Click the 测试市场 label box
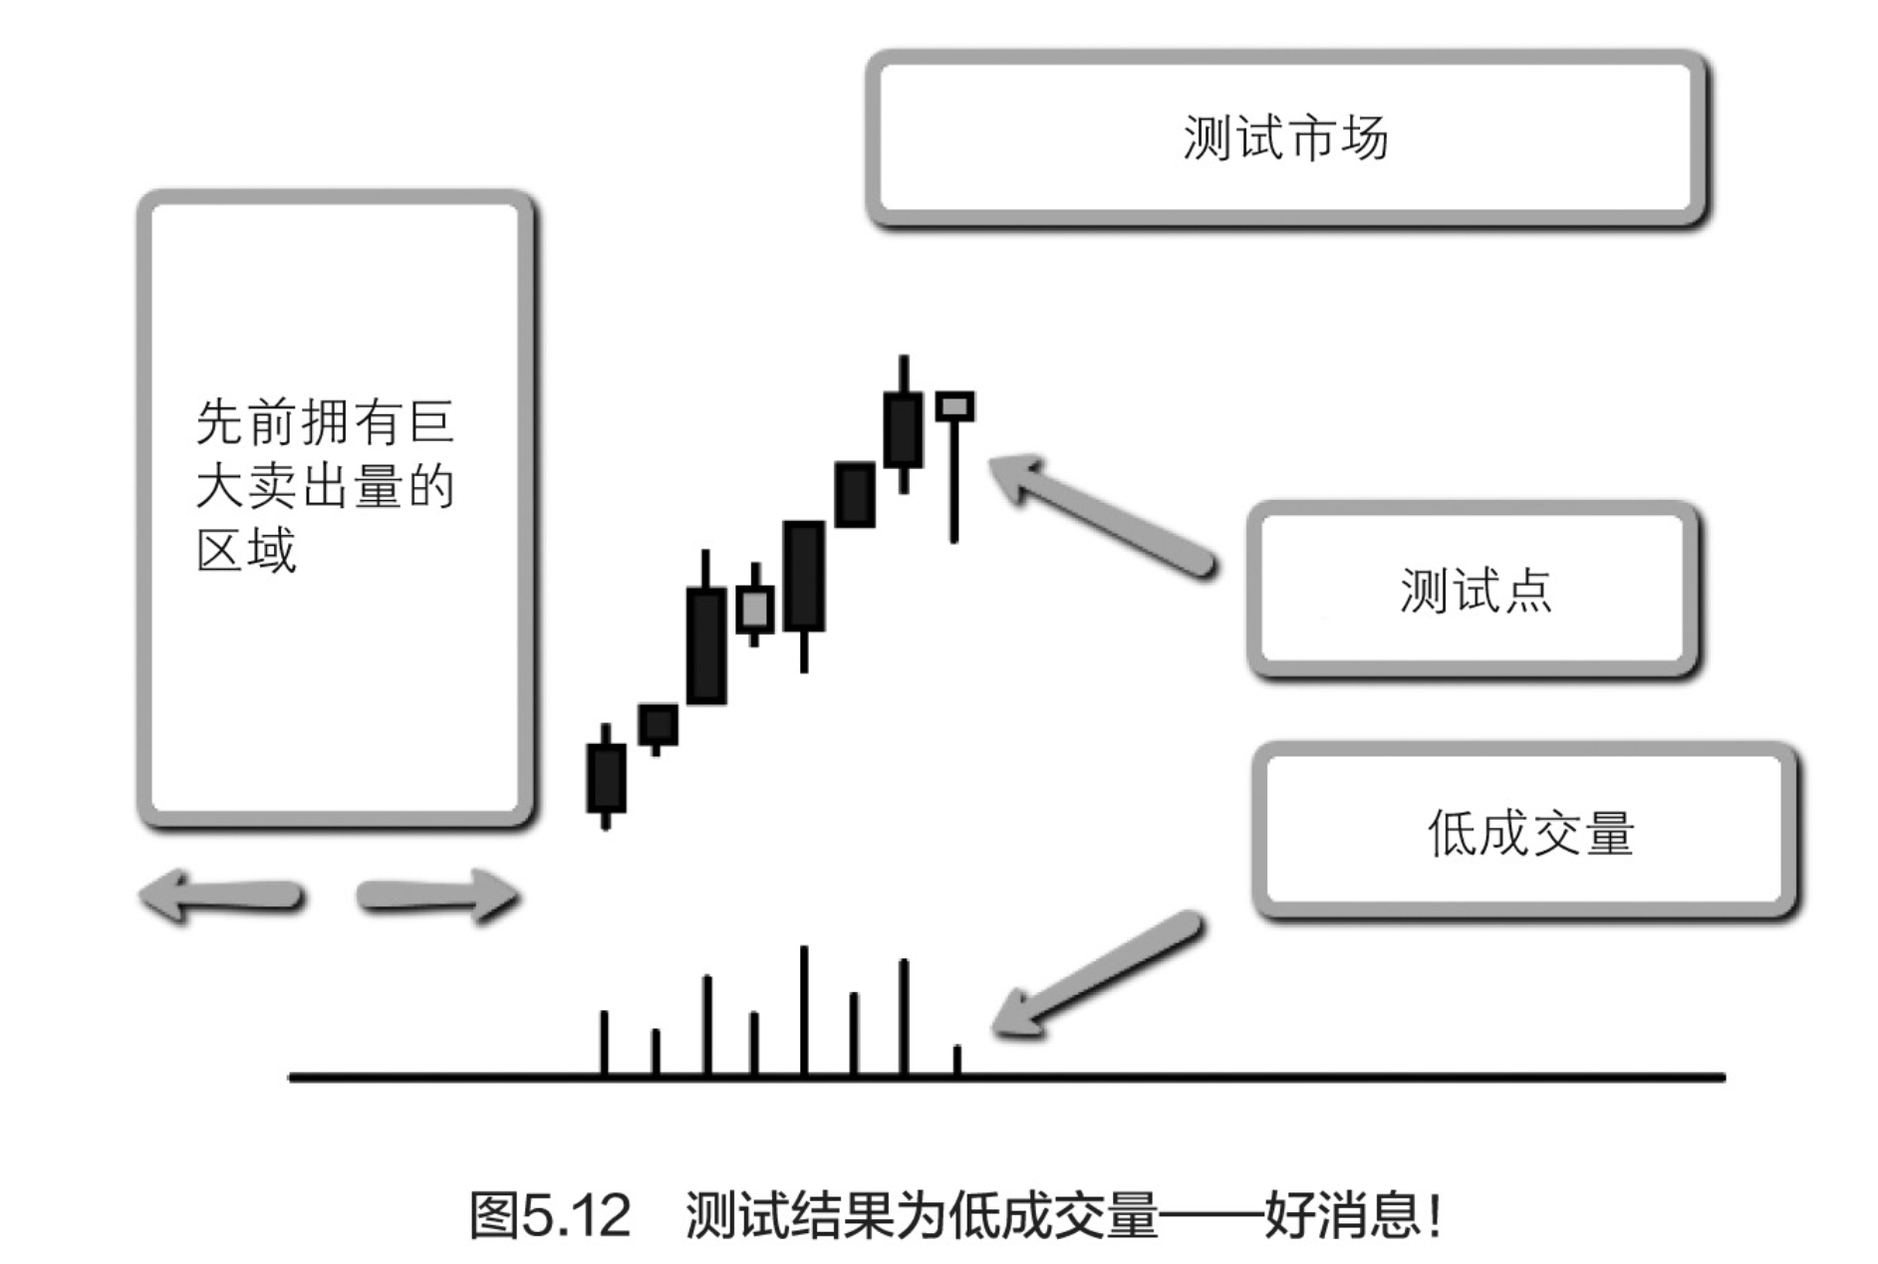click(1285, 137)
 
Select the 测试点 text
click(1476, 591)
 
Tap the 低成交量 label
click(1530, 833)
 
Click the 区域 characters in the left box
click(246, 551)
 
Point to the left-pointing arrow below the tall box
click(221, 895)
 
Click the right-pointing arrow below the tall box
click(438, 895)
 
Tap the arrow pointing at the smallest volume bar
click(1096, 976)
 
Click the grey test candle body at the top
click(954, 406)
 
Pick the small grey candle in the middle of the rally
click(754, 608)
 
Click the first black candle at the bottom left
click(606, 777)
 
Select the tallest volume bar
click(804, 1011)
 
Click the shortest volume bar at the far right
click(956, 1061)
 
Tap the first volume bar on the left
click(604, 1044)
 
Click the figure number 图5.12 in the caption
click(551, 1216)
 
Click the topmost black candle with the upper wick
click(904, 428)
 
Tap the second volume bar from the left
click(656, 1053)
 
